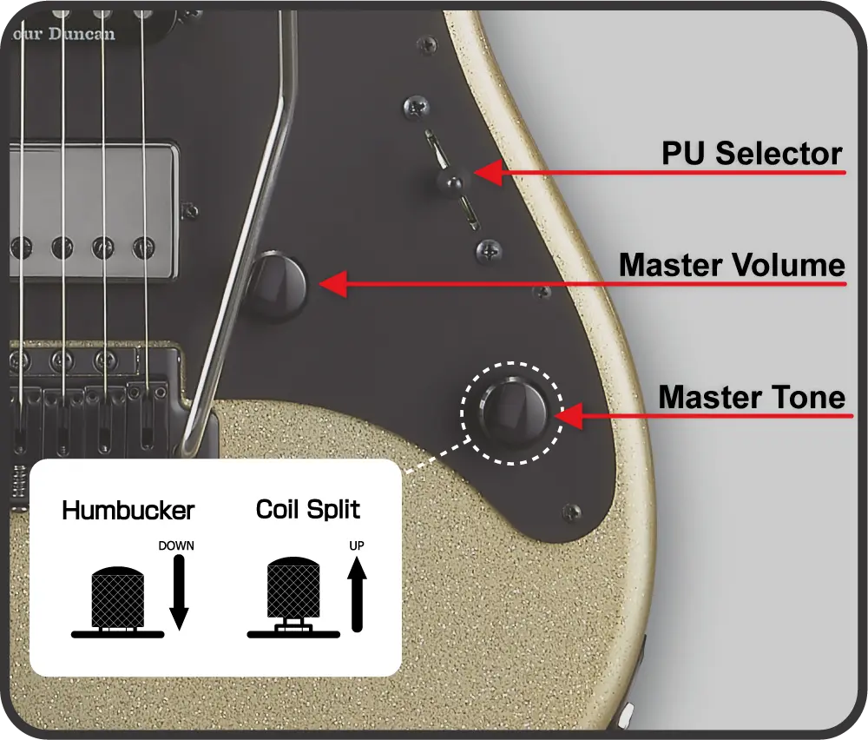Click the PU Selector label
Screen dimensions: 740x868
[x=752, y=155]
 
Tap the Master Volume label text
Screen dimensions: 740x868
[x=732, y=265]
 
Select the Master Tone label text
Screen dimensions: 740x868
[x=752, y=398]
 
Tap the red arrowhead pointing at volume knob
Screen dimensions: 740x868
[x=333, y=283]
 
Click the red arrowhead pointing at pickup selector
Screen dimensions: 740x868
[x=488, y=173]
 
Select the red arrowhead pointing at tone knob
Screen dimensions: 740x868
[x=568, y=416]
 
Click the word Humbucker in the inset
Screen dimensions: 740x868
[x=128, y=510]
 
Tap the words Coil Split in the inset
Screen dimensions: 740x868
[x=308, y=509]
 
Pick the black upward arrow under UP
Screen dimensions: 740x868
[x=356, y=595]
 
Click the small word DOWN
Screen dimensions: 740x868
[x=176, y=546]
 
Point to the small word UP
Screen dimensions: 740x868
[x=356, y=545]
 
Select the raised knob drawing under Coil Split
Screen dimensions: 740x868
[x=293, y=592]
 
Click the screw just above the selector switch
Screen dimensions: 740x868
[x=416, y=108]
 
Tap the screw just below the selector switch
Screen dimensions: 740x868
[x=489, y=252]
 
